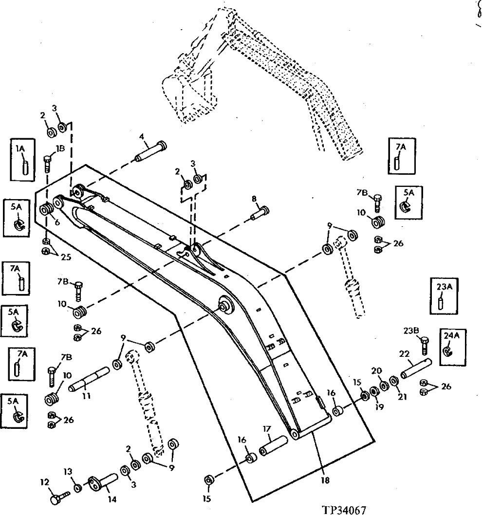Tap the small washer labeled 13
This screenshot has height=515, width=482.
click(78, 488)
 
